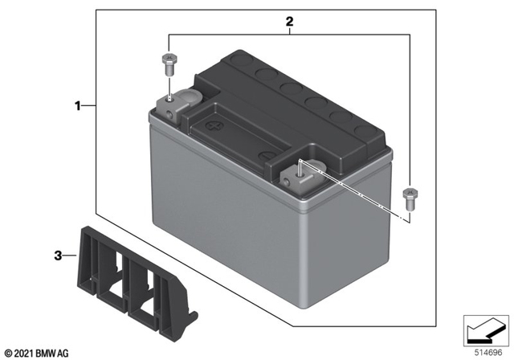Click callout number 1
pyautogui.click(x=78, y=105)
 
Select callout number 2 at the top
pyautogui.click(x=289, y=22)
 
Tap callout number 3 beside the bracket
pyautogui.click(x=58, y=256)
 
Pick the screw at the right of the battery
pyautogui.click(x=410, y=197)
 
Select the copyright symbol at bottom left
pyautogui.click(x=8, y=353)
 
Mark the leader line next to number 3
pyautogui.click(x=70, y=256)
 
